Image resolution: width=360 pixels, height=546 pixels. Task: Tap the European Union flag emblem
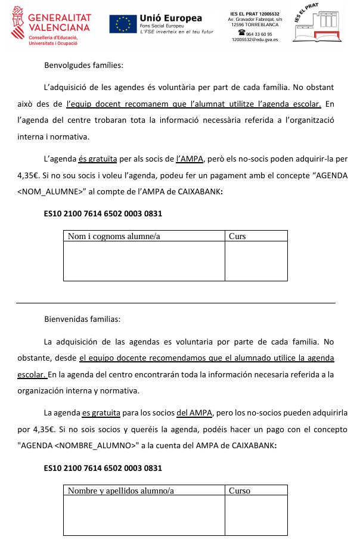[123, 24]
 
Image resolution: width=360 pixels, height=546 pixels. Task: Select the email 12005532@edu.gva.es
[255, 41]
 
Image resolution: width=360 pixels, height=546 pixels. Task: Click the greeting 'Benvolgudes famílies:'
[83, 65]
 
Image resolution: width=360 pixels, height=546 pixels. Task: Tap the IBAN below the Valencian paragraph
[103, 213]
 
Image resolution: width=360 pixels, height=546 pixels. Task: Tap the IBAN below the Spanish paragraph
[103, 468]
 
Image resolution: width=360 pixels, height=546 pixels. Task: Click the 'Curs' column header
[237, 237]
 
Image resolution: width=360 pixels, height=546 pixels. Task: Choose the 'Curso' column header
[240, 491]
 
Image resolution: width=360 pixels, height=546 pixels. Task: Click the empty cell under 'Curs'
[256, 260]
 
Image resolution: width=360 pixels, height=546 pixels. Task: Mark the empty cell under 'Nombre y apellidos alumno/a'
[144, 516]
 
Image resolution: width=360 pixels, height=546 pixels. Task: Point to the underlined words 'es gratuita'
[101, 412]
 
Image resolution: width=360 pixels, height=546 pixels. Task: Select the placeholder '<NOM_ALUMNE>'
[51, 192]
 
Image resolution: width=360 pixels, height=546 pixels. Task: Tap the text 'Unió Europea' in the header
[170, 18]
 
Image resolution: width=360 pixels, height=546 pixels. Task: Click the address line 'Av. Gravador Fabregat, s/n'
[255, 20]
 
